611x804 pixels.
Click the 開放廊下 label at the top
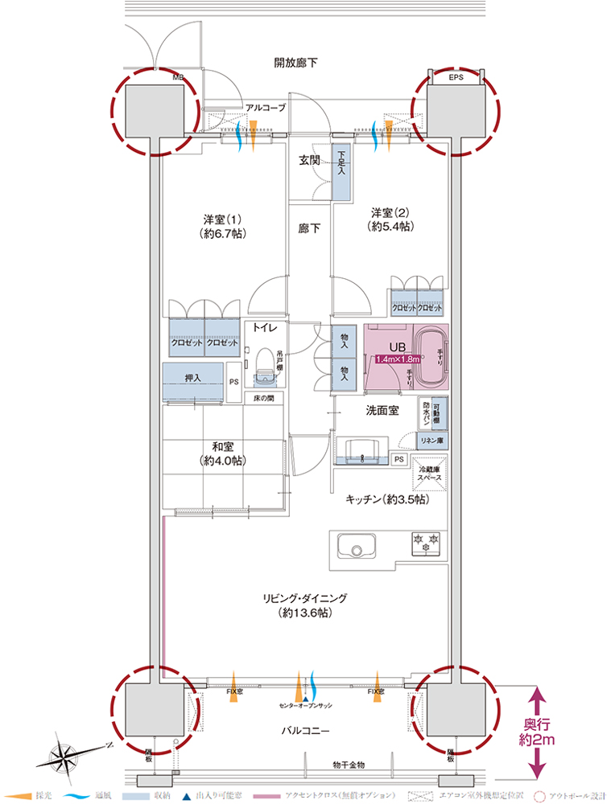tap(295, 62)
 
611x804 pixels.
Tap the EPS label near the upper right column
tap(456, 78)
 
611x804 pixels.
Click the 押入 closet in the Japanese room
tap(192, 376)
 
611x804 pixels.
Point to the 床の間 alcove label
tap(264, 399)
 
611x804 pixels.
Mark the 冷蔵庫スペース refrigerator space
tap(427, 472)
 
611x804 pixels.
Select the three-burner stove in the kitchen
tap(426, 544)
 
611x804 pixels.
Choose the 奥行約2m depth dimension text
tap(536, 728)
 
